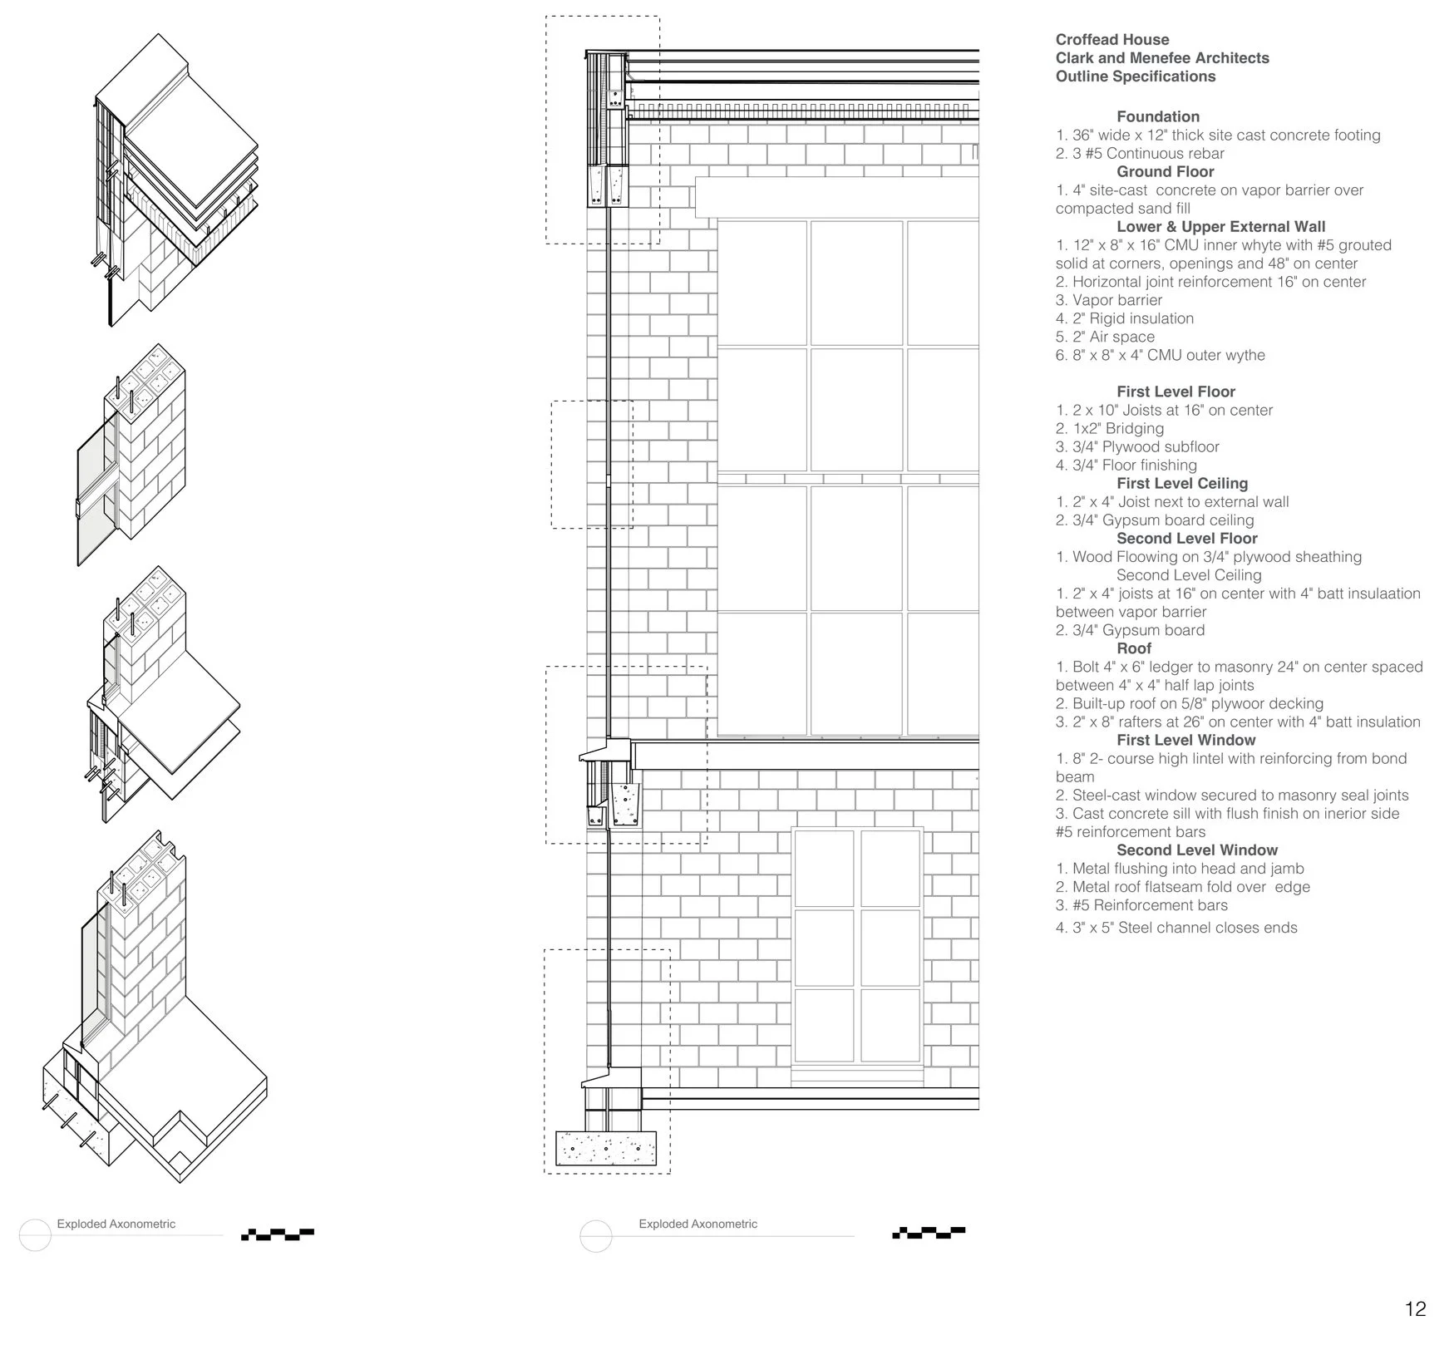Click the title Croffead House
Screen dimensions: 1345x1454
tap(1111, 40)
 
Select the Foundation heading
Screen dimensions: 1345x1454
tap(1157, 117)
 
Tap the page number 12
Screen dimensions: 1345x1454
tap(1415, 1309)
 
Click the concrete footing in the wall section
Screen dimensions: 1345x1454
tap(605, 1149)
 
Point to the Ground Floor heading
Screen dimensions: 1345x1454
tap(1165, 172)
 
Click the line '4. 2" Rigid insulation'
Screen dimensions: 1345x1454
tap(1124, 318)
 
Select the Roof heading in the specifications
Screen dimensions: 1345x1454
tap(1134, 648)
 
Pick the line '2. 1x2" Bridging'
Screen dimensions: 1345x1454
tap(1109, 428)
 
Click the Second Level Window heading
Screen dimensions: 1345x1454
tap(1196, 850)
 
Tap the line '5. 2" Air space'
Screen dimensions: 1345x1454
tap(1105, 337)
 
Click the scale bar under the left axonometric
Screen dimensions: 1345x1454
tap(278, 1234)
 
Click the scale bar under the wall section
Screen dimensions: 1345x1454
tap(929, 1232)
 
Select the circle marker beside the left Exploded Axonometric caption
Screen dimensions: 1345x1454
tap(35, 1234)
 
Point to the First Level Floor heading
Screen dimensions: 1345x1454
tap(1176, 392)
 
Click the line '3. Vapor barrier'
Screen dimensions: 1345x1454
tap(1109, 300)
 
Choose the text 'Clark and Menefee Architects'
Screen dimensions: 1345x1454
tap(1161, 58)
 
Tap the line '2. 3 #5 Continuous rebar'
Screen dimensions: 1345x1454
tap(1140, 154)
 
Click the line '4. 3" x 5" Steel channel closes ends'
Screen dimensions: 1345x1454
tap(1176, 928)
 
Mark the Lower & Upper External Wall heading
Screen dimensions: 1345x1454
tap(1220, 227)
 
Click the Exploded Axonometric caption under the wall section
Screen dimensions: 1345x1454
tap(697, 1224)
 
